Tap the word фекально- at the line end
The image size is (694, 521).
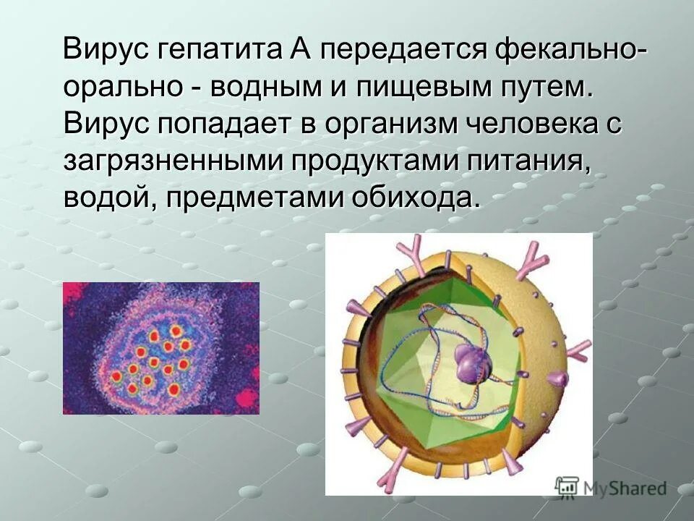click(x=570, y=51)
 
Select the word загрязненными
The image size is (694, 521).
click(x=171, y=160)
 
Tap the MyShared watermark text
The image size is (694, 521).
click(x=624, y=489)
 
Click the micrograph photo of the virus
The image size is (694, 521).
click(x=160, y=348)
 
